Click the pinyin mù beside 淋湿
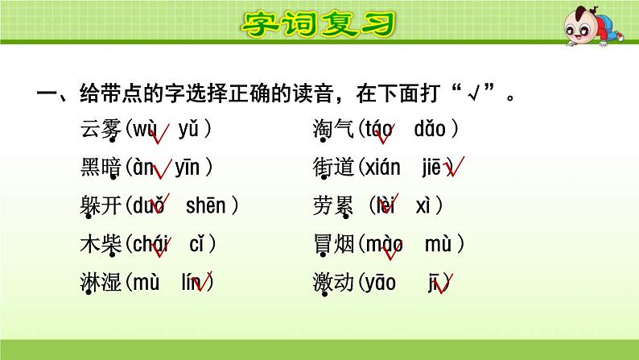click(147, 283)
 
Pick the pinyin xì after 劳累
click(426, 206)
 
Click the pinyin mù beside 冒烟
click(439, 245)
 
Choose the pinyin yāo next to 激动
click(381, 283)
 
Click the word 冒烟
click(332, 245)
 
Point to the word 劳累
click(332, 206)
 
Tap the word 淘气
click(332, 130)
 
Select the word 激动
click(332, 283)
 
